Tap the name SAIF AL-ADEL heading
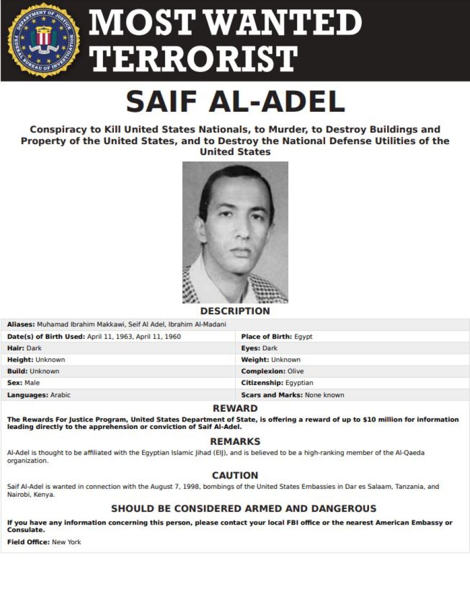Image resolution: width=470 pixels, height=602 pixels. click(235, 101)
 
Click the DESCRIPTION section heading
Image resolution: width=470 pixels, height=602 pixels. click(235, 311)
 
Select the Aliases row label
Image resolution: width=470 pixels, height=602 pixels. click(21, 325)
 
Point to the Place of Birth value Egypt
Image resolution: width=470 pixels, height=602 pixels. click(303, 337)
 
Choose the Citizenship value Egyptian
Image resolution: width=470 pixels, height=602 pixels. click(300, 383)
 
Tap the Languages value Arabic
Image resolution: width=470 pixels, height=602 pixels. click(60, 395)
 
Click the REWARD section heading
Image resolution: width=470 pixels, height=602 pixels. click(235, 409)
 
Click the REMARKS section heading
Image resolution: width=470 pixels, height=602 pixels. click(235, 442)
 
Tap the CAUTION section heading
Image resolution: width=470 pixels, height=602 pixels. click(235, 475)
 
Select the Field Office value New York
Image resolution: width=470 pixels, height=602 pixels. click(66, 542)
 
